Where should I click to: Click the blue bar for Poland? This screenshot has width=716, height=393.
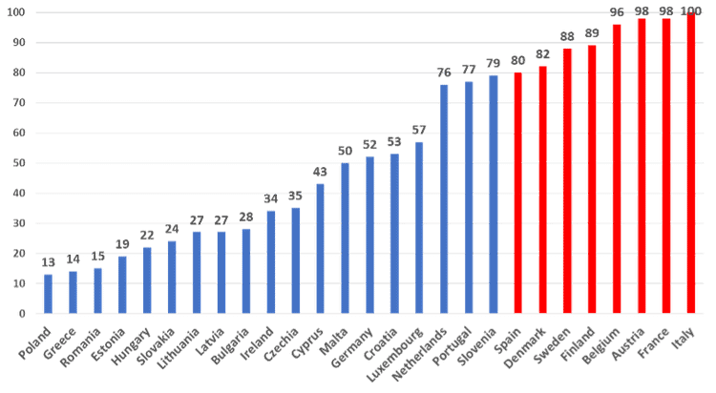coord(49,294)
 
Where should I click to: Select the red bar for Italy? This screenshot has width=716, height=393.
coord(691,163)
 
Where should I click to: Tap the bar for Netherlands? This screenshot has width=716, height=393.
coord(444,198)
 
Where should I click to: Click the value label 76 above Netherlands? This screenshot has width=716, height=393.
coord(444,72)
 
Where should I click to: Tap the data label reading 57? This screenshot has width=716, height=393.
coord(419,130)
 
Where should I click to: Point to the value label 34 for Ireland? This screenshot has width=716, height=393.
coord(271,199)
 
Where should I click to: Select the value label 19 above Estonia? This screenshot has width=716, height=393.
coord(122,244)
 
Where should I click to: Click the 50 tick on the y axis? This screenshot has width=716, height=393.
coord(16,163)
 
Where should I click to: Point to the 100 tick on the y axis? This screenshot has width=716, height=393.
coord(13,12)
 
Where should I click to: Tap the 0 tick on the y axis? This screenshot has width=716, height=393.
coord(20,313)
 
